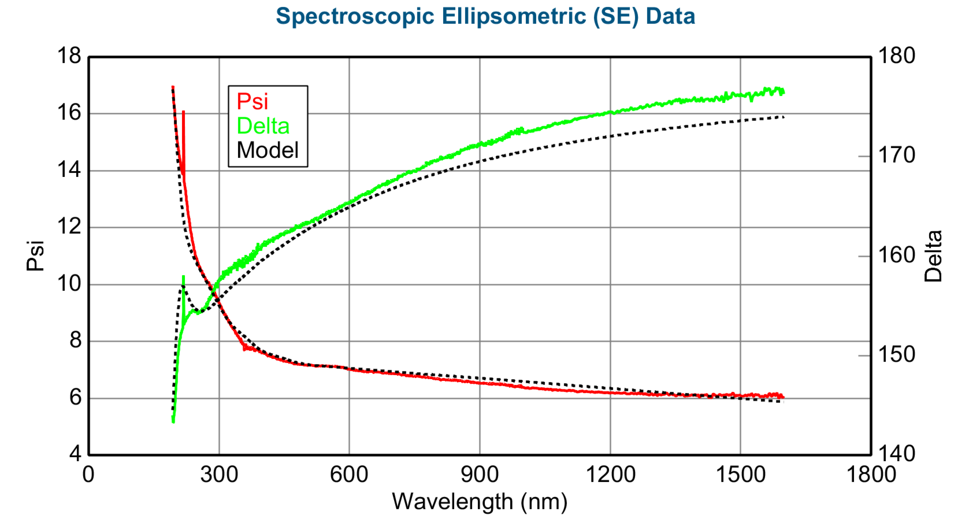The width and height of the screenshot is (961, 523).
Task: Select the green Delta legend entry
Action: click(x=263, y=126)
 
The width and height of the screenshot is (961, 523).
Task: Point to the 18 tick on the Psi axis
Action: click(x=69, y=56)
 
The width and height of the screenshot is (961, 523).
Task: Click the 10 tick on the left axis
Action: click(x=69, y=284)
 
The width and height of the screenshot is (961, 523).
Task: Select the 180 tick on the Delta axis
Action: click(x=897, y=56)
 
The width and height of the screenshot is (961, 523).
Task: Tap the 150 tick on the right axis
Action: click(x=897, y=354)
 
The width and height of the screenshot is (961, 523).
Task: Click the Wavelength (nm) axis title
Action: click(x=480, y=502)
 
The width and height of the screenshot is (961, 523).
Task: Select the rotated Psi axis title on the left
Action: click(x=35, y=256)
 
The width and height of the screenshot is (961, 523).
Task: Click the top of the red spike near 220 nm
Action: click(x=183, y=112)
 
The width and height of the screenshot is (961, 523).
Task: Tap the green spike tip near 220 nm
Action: click(x=183, y=277)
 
